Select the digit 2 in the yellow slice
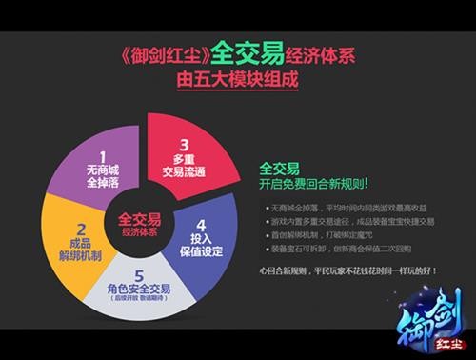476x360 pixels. [82, 228]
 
